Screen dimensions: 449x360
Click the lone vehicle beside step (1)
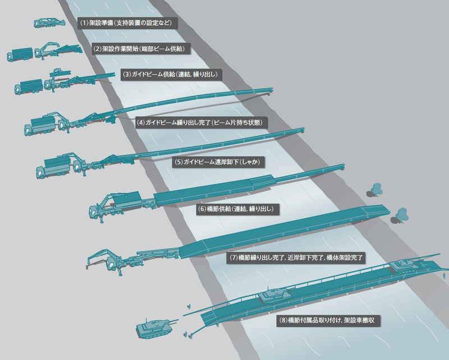click(49, 23)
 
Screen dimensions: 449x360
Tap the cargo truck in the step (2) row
click(20, 54)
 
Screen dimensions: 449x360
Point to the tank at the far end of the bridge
click(406, 265)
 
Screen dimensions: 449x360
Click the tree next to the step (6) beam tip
click(375, 190)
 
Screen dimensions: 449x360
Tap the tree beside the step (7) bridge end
click(400, 216)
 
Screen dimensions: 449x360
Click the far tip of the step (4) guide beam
click(272, 90)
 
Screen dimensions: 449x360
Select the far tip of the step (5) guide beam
click(303, 130)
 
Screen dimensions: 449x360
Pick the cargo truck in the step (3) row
click(29, 86)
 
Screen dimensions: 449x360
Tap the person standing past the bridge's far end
click(444, 276)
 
